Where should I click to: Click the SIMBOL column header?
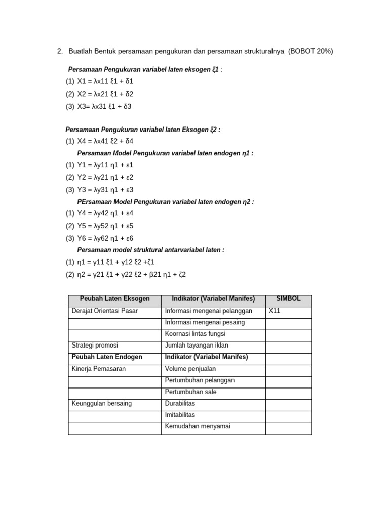click(x=288, y=299)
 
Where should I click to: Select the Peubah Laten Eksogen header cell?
click(x=114, y=299)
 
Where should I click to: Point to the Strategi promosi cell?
click(x=95, y=345)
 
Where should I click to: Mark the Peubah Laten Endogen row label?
click(x=107, y=357)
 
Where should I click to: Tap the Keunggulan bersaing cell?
click(x=102, y=403)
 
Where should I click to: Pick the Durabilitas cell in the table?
click(x=180, y=403)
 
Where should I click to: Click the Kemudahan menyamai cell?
click(x=198, y=426)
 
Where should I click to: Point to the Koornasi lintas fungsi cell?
click(x=195, y=333)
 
